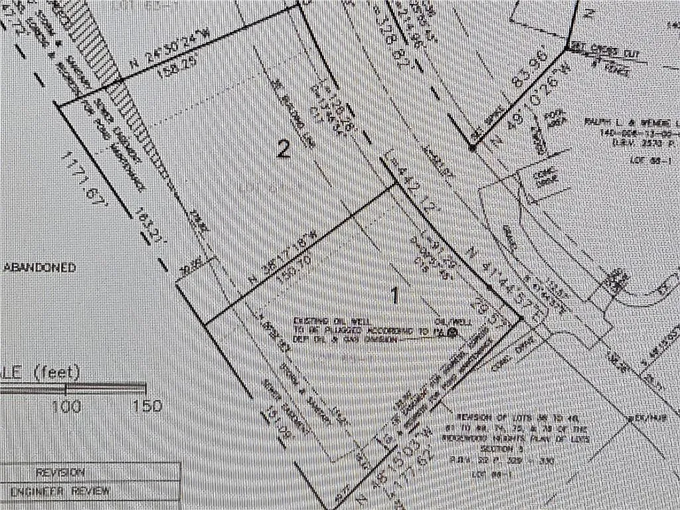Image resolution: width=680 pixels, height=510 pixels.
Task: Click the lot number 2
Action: pyautogui.click(x=284, y=150)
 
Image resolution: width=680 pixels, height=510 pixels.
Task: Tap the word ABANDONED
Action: pyautogui.click(x=40, y=268)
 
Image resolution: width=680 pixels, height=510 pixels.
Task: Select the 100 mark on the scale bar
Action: pyautogui.click(x=66, y=405)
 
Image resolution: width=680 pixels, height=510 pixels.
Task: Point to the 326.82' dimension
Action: pyautogui.click(x=366, y=39)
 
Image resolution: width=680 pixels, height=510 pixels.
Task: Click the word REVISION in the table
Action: pyautogui.click(x=60, y=473)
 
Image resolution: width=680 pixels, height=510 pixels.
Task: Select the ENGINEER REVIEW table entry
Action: pyautogui.click(x=60, y=492)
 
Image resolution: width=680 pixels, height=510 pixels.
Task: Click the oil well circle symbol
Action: pyautogui.click(x=454, y=333)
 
